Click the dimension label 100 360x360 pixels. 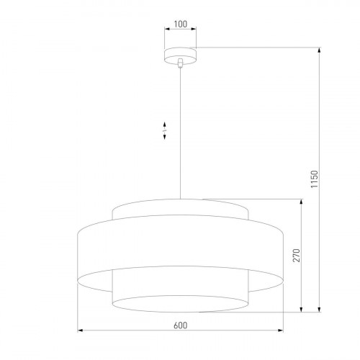180,24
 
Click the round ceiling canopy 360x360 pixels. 180,53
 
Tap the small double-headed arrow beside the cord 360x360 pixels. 164,130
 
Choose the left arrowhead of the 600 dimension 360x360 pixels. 79,330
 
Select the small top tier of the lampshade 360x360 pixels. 180,210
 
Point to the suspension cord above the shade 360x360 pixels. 180,144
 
